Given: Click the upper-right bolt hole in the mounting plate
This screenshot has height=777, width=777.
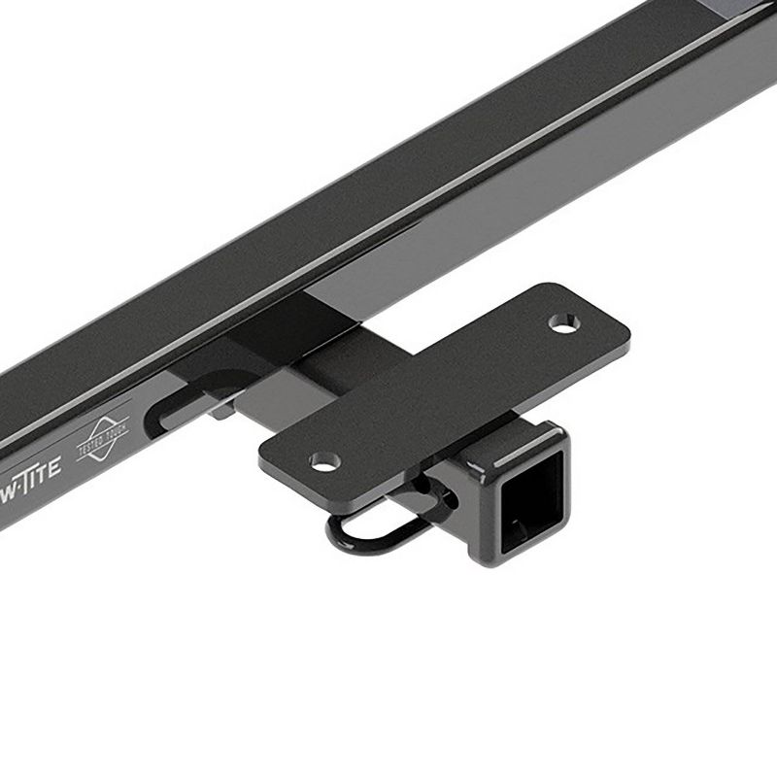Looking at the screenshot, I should tap(560, 321).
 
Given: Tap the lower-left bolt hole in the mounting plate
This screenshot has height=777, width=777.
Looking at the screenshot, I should tap(320, 458).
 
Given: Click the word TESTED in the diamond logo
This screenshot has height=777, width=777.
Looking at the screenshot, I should tap(98, 435).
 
